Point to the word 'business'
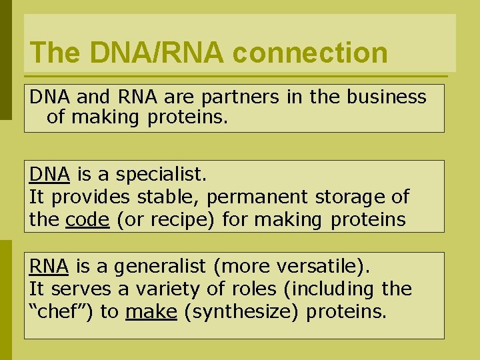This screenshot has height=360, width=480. point(387,97)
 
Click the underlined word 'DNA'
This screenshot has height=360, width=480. point(49,175)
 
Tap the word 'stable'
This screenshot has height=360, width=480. point(166,197)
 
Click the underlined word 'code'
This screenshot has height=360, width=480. point(87,220)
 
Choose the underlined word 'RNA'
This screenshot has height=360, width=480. point(49,267)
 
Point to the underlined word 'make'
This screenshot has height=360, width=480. point(151,312)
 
